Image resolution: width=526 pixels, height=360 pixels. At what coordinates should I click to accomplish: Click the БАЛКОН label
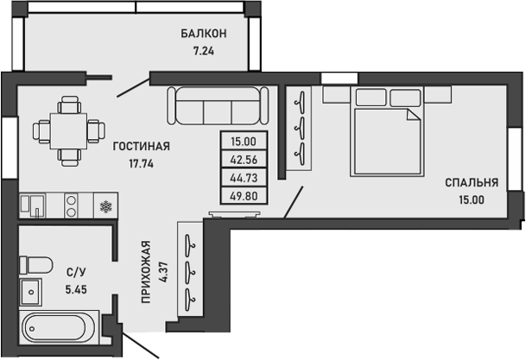coord(204,34)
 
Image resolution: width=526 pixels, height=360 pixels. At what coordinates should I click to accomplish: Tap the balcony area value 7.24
coord(204,50)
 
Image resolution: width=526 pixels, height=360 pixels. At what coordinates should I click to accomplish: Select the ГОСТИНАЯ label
coord(141,147)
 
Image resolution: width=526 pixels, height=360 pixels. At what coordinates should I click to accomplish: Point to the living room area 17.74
coord(141,163)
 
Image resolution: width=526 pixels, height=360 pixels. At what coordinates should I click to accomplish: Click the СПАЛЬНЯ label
coord(472,183)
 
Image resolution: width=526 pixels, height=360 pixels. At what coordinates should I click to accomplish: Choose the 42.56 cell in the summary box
coord(244,160)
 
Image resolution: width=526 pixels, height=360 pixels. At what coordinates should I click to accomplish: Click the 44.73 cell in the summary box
coord(244,177)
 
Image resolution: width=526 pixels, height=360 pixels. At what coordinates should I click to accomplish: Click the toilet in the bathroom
coord(37,262)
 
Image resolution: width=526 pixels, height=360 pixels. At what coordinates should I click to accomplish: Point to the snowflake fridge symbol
coord(105,206)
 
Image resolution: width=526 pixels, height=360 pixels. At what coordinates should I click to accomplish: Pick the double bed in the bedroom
coord(386,129)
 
